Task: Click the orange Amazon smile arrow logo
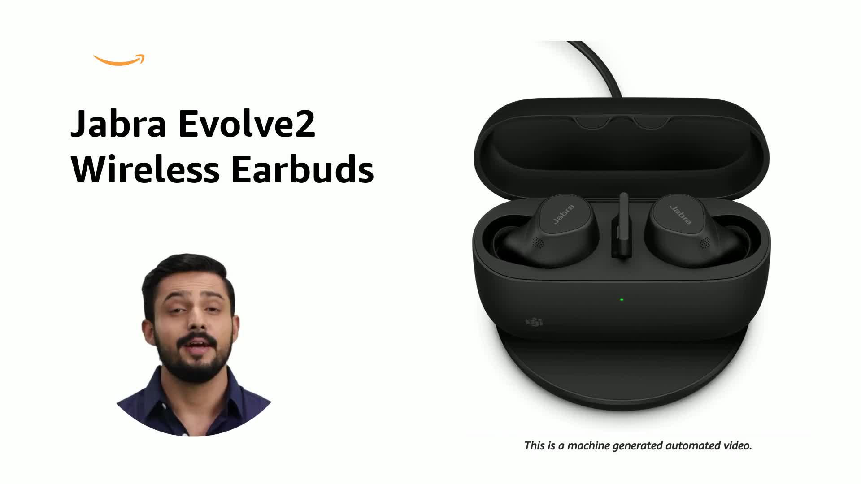pyautogui.click(x=119, y=60)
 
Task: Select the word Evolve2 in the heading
pyautogui.click(x=247, y=124)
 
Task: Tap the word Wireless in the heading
pyautogui.click(x=145, y=170)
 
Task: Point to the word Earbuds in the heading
pyautogui.click(x=302, y=170)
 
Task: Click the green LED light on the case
pyautogui.click(x=622, y=299)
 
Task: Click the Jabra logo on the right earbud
pyautogui.click(x=680, y=215)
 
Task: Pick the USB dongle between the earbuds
pyautogui.click(x=622, y=229)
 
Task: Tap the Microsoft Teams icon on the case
pyautogui.click(x=534, y=322)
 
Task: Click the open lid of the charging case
pyautogui.click(x=621, y=143)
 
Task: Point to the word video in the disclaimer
pyautogui.click(x=737, y=446)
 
